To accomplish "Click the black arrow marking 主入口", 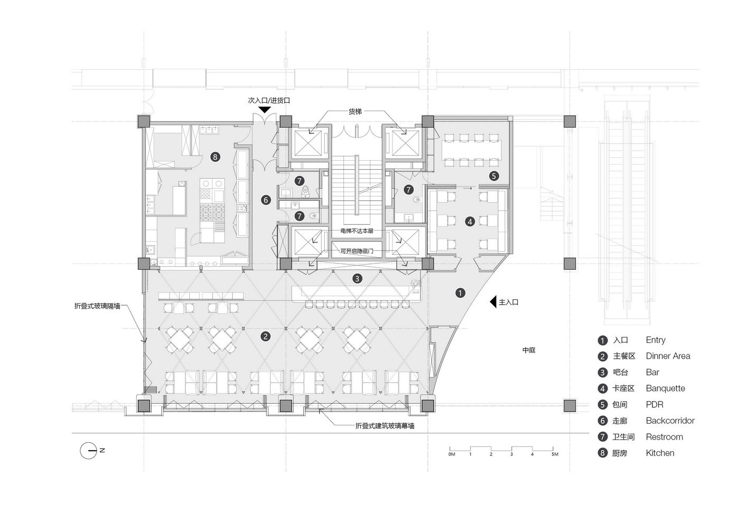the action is click(x=493, y=302).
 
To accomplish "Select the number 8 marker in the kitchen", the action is click(x=215, y=157).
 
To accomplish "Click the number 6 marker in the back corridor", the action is click(x=266, y=200).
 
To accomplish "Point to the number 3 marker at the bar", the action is click(x=357, y=279).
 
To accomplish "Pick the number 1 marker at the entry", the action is click(x=460, y=293).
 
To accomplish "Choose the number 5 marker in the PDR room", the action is click(x=494, y=176).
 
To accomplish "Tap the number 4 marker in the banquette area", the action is click(x=470, y=222).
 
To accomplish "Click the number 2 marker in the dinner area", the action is click(x=265, y=336).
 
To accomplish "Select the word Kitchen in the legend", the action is click(x=660, y=453).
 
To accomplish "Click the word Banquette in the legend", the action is click(x=665, y=388).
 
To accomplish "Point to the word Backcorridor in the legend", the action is click(x=670, y=421).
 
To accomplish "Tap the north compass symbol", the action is click(x=88, y=451).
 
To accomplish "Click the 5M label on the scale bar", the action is click(x=554, y=454).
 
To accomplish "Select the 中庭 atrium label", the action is click(x=529, y=350).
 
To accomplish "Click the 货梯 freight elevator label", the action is click(x=355, y=112).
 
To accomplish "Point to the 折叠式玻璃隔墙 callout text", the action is click(x=97, y=306).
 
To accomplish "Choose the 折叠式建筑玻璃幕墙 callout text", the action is click(x=385, y=426).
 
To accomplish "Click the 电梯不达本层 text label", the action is click(x=357, y=231).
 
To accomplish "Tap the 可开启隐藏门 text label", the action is click(x=357, y=251).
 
